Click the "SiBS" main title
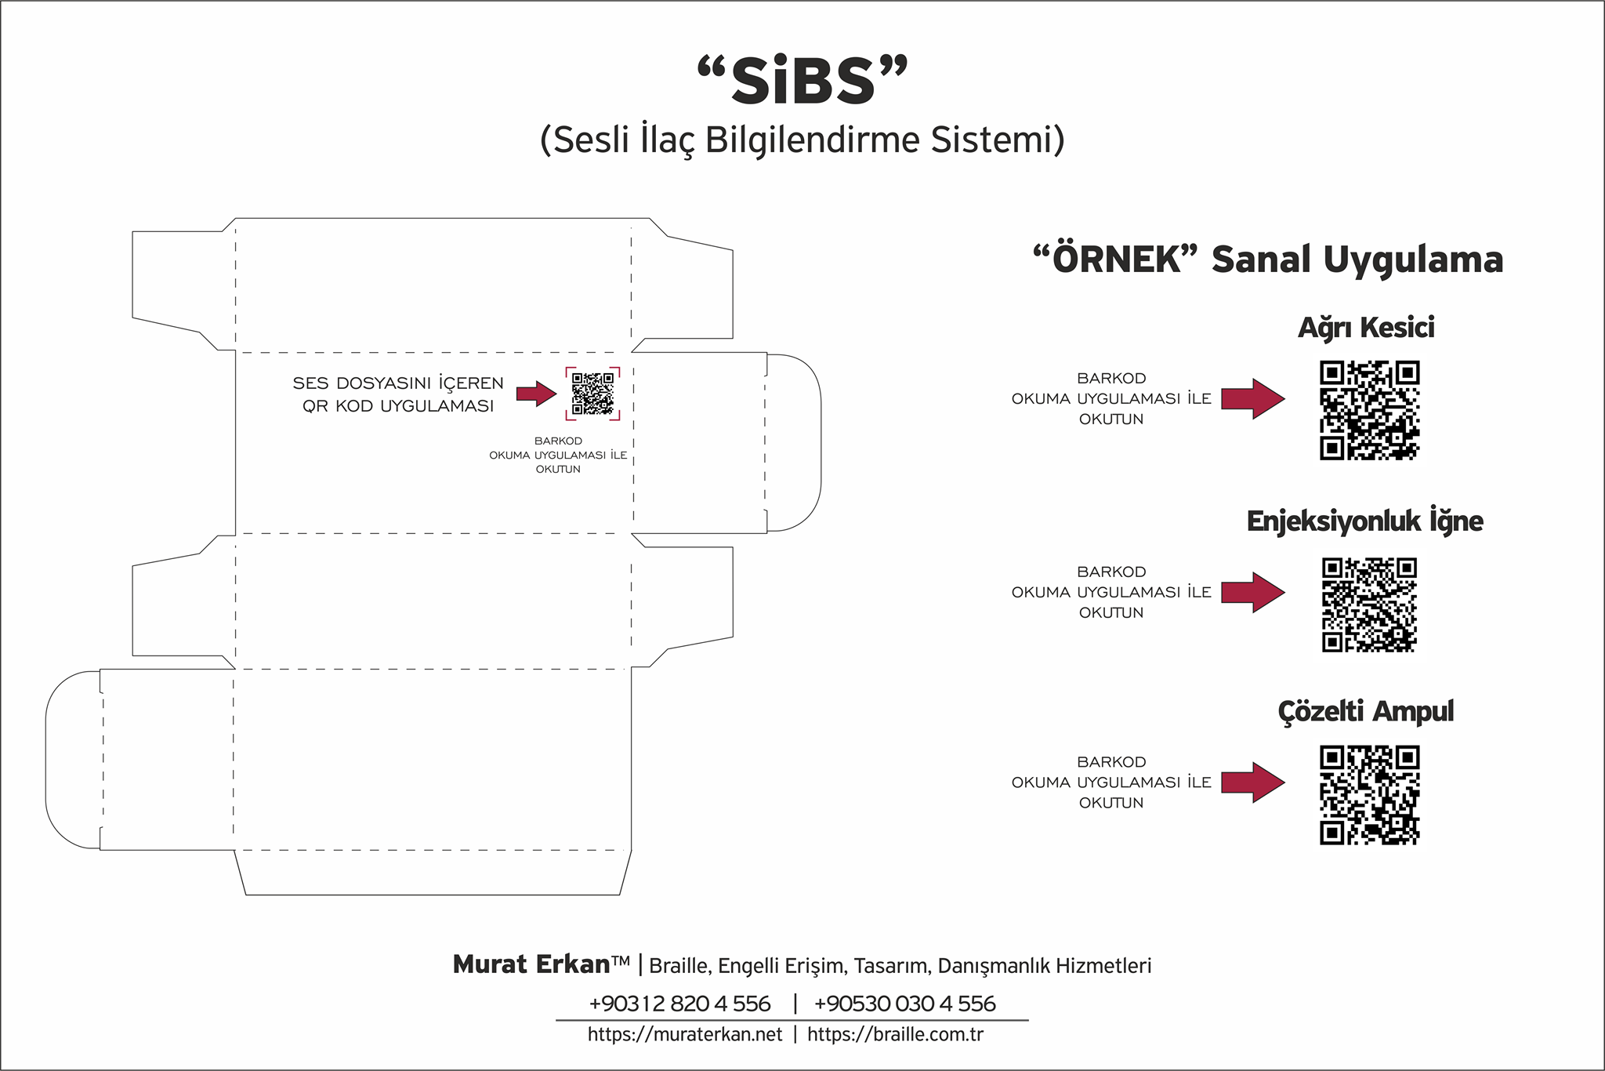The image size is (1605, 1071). tap(802, 80)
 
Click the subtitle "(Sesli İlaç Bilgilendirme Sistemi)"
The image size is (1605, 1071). tap(802, 140)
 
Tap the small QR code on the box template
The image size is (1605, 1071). tap(592, 394)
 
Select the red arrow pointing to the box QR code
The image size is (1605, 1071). tap(537, 394)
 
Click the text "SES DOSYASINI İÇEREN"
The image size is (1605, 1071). tap(398, 383)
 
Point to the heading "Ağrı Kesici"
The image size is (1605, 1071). tap(1366, 328)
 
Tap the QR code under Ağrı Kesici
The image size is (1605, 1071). tap(1370, 410)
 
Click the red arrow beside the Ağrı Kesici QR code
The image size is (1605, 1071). tap(1253, 399)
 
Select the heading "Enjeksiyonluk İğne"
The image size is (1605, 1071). tap(1364, 521)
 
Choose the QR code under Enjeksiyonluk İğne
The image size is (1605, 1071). tap(1369, 604)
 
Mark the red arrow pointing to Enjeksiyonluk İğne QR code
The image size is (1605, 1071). tap(1253, 592)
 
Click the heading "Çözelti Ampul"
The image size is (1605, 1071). tap(1365, 712)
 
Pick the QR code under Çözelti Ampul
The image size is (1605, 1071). tap(1370, 796)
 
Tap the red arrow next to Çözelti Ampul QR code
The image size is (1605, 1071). tap(1253, 782)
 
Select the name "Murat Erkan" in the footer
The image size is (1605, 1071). tap(531, 964)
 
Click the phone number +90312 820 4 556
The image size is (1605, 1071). tap(679, 1004)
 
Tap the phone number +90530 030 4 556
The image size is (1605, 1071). tap(904, 1004)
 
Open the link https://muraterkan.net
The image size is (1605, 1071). tap(685, 1035)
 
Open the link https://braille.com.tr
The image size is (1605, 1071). tap(895, 1035)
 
